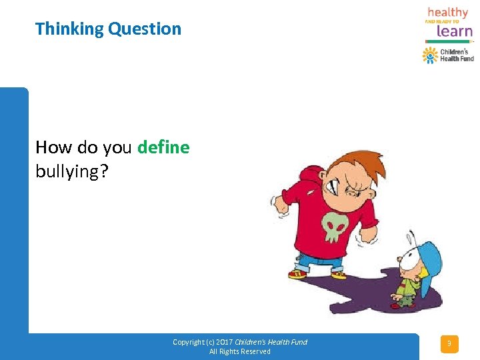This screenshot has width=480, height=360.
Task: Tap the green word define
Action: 163,147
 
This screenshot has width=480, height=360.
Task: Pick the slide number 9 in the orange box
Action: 449,344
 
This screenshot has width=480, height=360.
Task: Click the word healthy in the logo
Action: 448,13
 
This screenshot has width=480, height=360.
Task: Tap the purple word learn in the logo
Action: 455,30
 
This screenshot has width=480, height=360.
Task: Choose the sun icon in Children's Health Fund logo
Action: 430,55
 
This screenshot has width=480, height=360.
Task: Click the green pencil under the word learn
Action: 448,41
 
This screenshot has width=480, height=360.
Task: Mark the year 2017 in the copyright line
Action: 223,342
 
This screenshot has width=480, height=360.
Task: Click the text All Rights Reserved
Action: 240,351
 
